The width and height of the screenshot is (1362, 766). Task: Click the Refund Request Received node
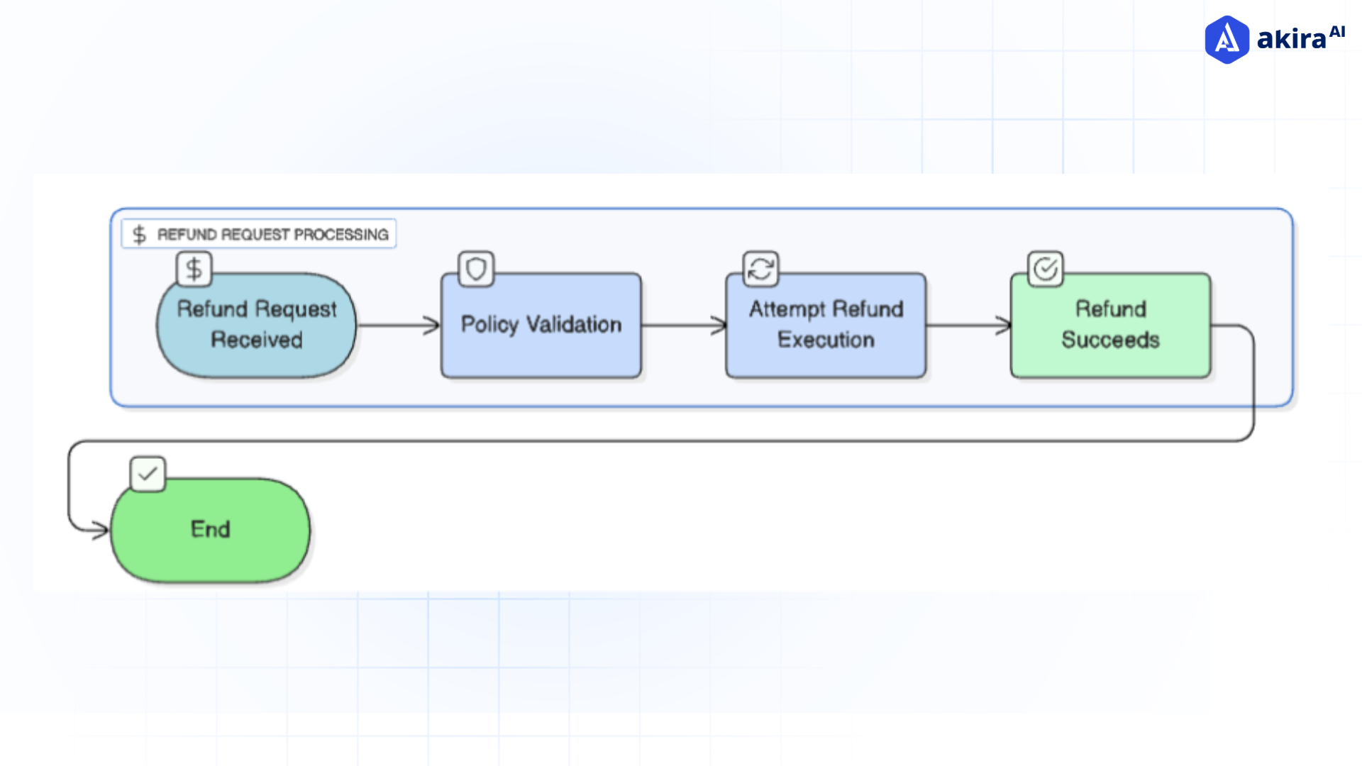(256, 325)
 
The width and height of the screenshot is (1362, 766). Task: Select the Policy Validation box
(541, 325)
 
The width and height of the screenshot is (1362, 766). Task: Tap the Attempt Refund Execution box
(826, 325)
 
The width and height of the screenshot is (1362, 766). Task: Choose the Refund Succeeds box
(1110, 325)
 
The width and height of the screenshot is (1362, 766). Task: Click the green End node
(210, 530)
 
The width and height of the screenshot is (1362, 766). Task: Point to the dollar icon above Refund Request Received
(194, 270)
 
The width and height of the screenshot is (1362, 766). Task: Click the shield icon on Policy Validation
(476, 270)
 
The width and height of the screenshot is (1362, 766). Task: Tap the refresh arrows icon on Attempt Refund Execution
(760, 270)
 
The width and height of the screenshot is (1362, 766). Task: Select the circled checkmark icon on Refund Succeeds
(1046, 270)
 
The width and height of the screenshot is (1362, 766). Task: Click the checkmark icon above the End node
(148, 474)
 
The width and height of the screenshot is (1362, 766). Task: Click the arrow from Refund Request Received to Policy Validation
(397, 326)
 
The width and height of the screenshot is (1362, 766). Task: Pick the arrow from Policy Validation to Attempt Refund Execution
(682, 326)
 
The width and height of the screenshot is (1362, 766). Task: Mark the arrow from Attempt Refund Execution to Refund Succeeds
(968, 326)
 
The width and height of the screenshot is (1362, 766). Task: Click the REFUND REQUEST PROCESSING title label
(272, 234)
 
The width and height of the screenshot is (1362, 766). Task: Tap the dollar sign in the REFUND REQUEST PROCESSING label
(139, 235)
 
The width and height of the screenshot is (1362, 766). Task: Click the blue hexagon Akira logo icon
(1227, 40)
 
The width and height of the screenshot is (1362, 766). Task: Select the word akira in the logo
(1291, 40)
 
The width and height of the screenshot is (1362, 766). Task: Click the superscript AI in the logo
(1337, 31)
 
